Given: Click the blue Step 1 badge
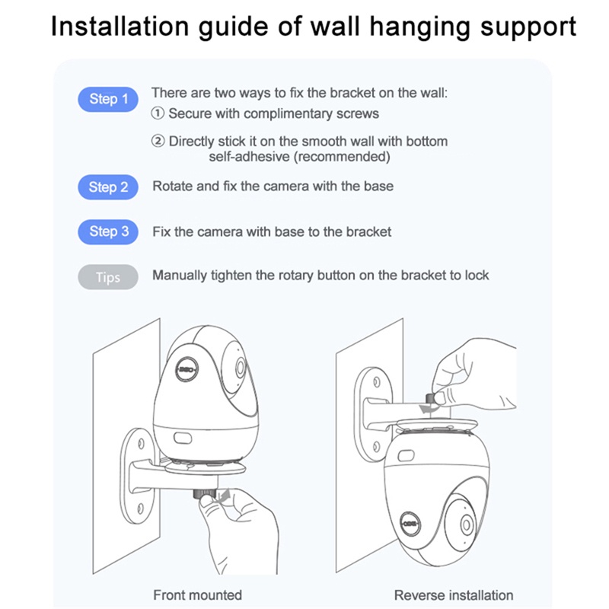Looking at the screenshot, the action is click(x=108, y=99).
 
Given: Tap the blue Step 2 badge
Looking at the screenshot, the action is click(x=108, y=187).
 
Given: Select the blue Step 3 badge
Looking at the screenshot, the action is click(x=108, y=232).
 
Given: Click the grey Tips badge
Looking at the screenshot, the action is click(x=108, y=277).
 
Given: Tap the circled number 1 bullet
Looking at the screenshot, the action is click(x=158, y=113).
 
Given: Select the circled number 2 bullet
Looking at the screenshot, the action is click(x=158, y=142).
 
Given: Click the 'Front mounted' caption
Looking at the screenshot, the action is click(x=198, y=595).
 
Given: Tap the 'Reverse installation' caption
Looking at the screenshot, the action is click(x=454, y=595).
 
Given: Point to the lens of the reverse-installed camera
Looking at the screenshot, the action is click(x=467, y=525).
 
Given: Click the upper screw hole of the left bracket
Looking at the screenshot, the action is click(x=141, y=444).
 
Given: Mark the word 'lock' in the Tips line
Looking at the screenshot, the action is click(x=477, y=276).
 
